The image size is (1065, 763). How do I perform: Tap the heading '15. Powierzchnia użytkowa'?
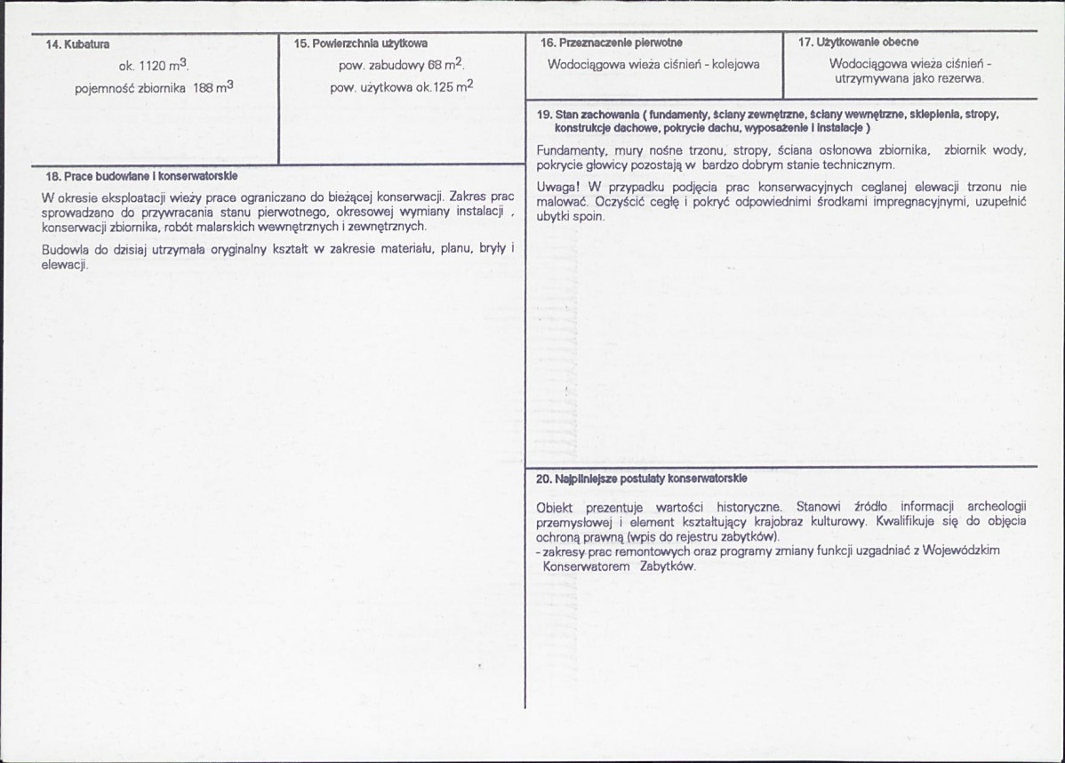[360, 44]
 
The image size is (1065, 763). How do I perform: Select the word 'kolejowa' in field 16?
[734, 64]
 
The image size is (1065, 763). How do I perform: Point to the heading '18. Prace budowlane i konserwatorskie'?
[142, 176]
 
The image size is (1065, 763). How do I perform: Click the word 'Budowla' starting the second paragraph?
[61, 250]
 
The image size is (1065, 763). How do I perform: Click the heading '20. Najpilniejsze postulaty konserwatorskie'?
[641, 478]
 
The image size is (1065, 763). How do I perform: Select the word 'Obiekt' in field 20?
[557, 507]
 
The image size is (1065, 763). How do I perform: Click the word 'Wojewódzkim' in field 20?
[961, 551]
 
